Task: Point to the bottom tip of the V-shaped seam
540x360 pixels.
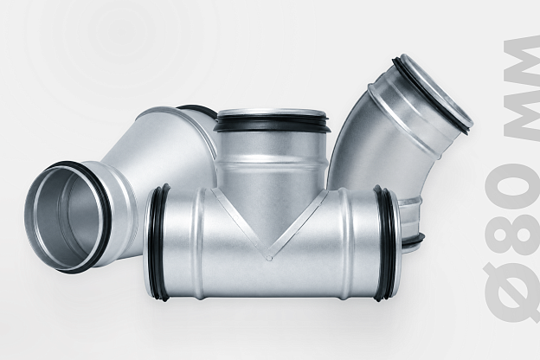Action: [269, 257]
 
